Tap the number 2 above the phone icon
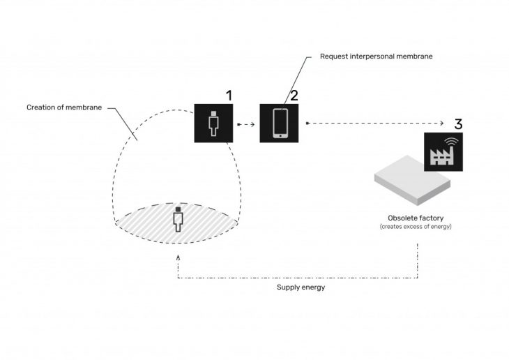coord(294,95)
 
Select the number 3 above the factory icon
coord(458,124)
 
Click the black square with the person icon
coord(213,123)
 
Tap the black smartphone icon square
coord(279,123)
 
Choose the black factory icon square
coord(443,151)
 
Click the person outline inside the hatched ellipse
coord(178,218)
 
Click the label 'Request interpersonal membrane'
coord(377,56)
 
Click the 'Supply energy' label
coord(301,287)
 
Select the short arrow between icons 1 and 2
coord(245,124)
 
